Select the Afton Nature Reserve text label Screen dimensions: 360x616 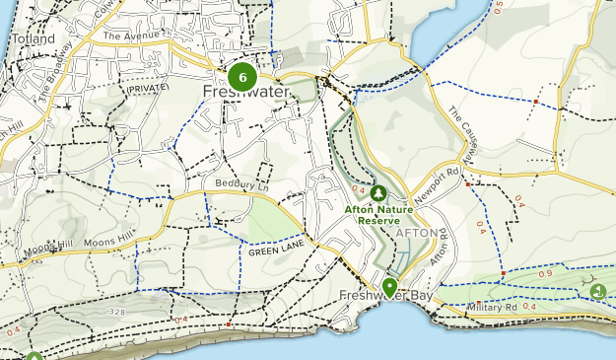tap(373, 215)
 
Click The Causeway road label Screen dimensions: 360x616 tap(461, 134)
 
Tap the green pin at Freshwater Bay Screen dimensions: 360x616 tap(389, 287)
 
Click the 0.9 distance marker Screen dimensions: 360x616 tap(545, 273)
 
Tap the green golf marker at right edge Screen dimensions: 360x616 tap(598, 291)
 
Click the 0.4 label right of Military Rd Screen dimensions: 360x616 tap(529, 307)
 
